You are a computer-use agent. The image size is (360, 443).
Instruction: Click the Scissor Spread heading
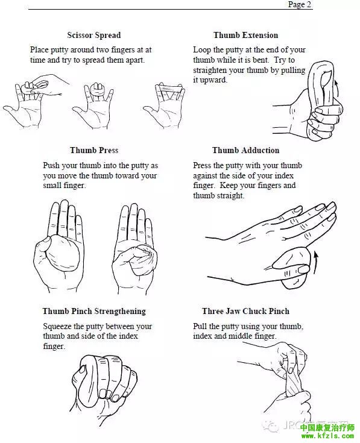coord(94,36)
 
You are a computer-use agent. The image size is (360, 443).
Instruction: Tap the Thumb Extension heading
coord(245,36)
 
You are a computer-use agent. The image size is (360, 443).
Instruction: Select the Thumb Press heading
coord(94,150)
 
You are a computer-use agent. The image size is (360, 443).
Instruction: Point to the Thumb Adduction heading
coord(245,150)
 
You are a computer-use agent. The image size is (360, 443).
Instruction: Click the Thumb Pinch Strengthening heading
coord(94,311)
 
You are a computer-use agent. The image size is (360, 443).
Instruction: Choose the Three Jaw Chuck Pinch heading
coord(245,311)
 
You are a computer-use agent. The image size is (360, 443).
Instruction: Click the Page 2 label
coord(299,5)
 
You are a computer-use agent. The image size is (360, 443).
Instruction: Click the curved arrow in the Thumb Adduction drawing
coord(315,262)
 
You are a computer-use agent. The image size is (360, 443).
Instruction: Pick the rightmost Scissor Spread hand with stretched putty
coord(165,104)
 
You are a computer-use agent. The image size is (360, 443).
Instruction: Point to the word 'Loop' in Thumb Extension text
coord(202,49)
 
